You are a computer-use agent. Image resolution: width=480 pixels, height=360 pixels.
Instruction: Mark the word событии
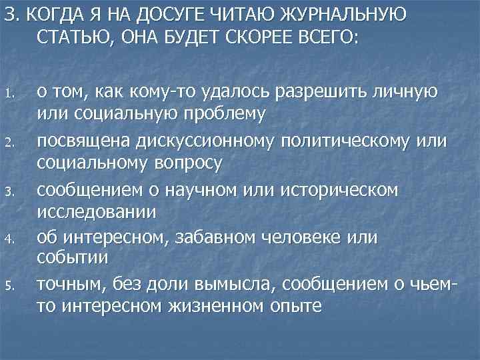[73, 257]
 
